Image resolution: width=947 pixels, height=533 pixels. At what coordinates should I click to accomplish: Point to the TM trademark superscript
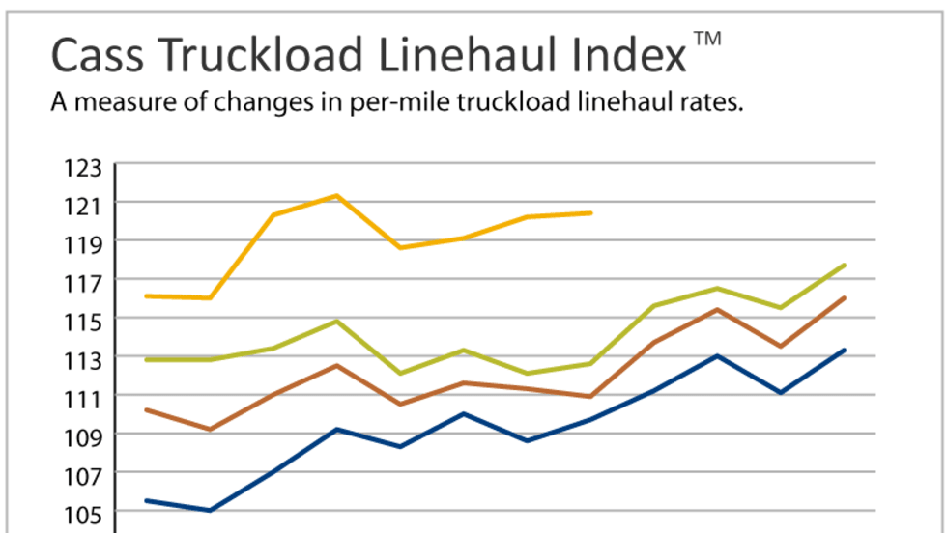click(707, 39)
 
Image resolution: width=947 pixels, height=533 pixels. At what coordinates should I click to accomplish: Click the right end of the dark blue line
click(846, 350)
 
